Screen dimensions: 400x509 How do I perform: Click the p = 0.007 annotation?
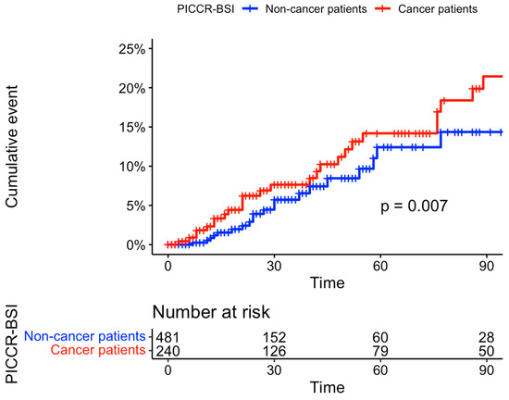[x=414, y=206]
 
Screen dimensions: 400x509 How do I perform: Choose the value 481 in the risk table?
[x=167, y=335]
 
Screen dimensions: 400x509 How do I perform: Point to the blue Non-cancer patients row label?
[x=85, y=335]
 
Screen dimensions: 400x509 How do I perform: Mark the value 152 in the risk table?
[x=274, y=335]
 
